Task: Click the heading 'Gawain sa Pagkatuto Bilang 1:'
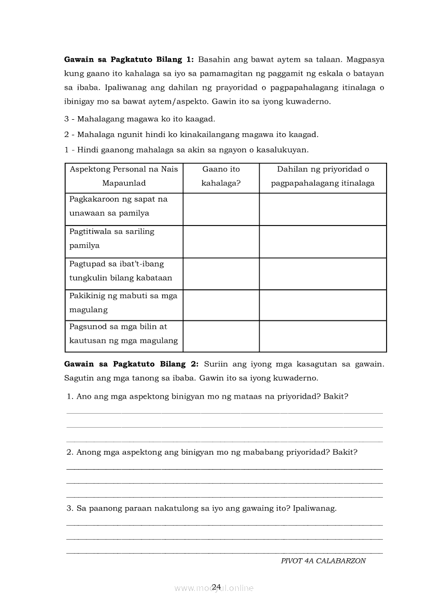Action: tap(129, 60)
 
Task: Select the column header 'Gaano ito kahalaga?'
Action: tap(221, 176)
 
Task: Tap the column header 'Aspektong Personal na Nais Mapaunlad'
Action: tap(124, 176)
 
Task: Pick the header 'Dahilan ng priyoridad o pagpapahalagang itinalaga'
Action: tap(323, 176)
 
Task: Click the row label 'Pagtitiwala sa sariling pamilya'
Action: tap(112, 238)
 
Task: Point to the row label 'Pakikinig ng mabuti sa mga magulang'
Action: tap(123, 303)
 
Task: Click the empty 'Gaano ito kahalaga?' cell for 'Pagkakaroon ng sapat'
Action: tap(221, 209)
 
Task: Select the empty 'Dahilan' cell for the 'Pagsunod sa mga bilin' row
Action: tap(323, 336)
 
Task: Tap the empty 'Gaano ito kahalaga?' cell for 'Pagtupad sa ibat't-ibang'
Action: tap(221, 274)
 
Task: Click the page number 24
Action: tap(217, 586)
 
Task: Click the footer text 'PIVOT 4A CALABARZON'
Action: tap(323, 561)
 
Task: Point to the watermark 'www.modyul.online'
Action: tap(214, 588)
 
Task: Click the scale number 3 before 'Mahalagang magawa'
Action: tap(66, 119)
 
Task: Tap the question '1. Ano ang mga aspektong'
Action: tap(207, 397)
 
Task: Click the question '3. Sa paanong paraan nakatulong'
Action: tap(202, 508)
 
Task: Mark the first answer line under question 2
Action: tap(224, 468)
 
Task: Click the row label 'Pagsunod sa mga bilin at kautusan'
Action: tap(123, 334)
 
